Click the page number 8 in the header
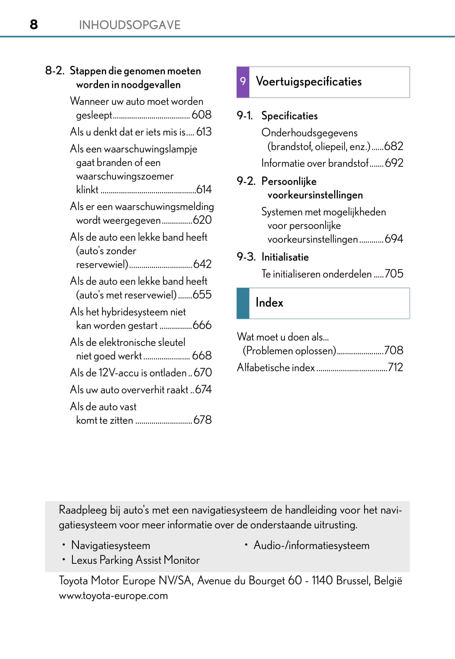(x=34, y=25)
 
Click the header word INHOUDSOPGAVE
(x=129, y=25)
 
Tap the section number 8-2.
(x=55, y=71)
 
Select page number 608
(x=202, y=115)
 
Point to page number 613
(x=204, y=132)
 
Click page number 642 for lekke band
(x=202, y=264)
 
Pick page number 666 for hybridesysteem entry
(x=202, y=325)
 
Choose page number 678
(x=202, y=420)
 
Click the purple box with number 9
(x=243, y=82)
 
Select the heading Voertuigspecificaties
(x=309, y=82)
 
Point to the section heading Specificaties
(x=290, y=116)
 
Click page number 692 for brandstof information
(x=394, y=163)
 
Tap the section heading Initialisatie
(x=285, y=257)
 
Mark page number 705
(x=394, y=274)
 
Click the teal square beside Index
(x=243, y=303)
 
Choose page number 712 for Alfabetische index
(x=396, y=367)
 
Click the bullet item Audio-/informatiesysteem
(x=312, y=545)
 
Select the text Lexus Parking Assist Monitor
(x=135, y=560)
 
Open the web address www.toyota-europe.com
(x=114, y=596)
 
